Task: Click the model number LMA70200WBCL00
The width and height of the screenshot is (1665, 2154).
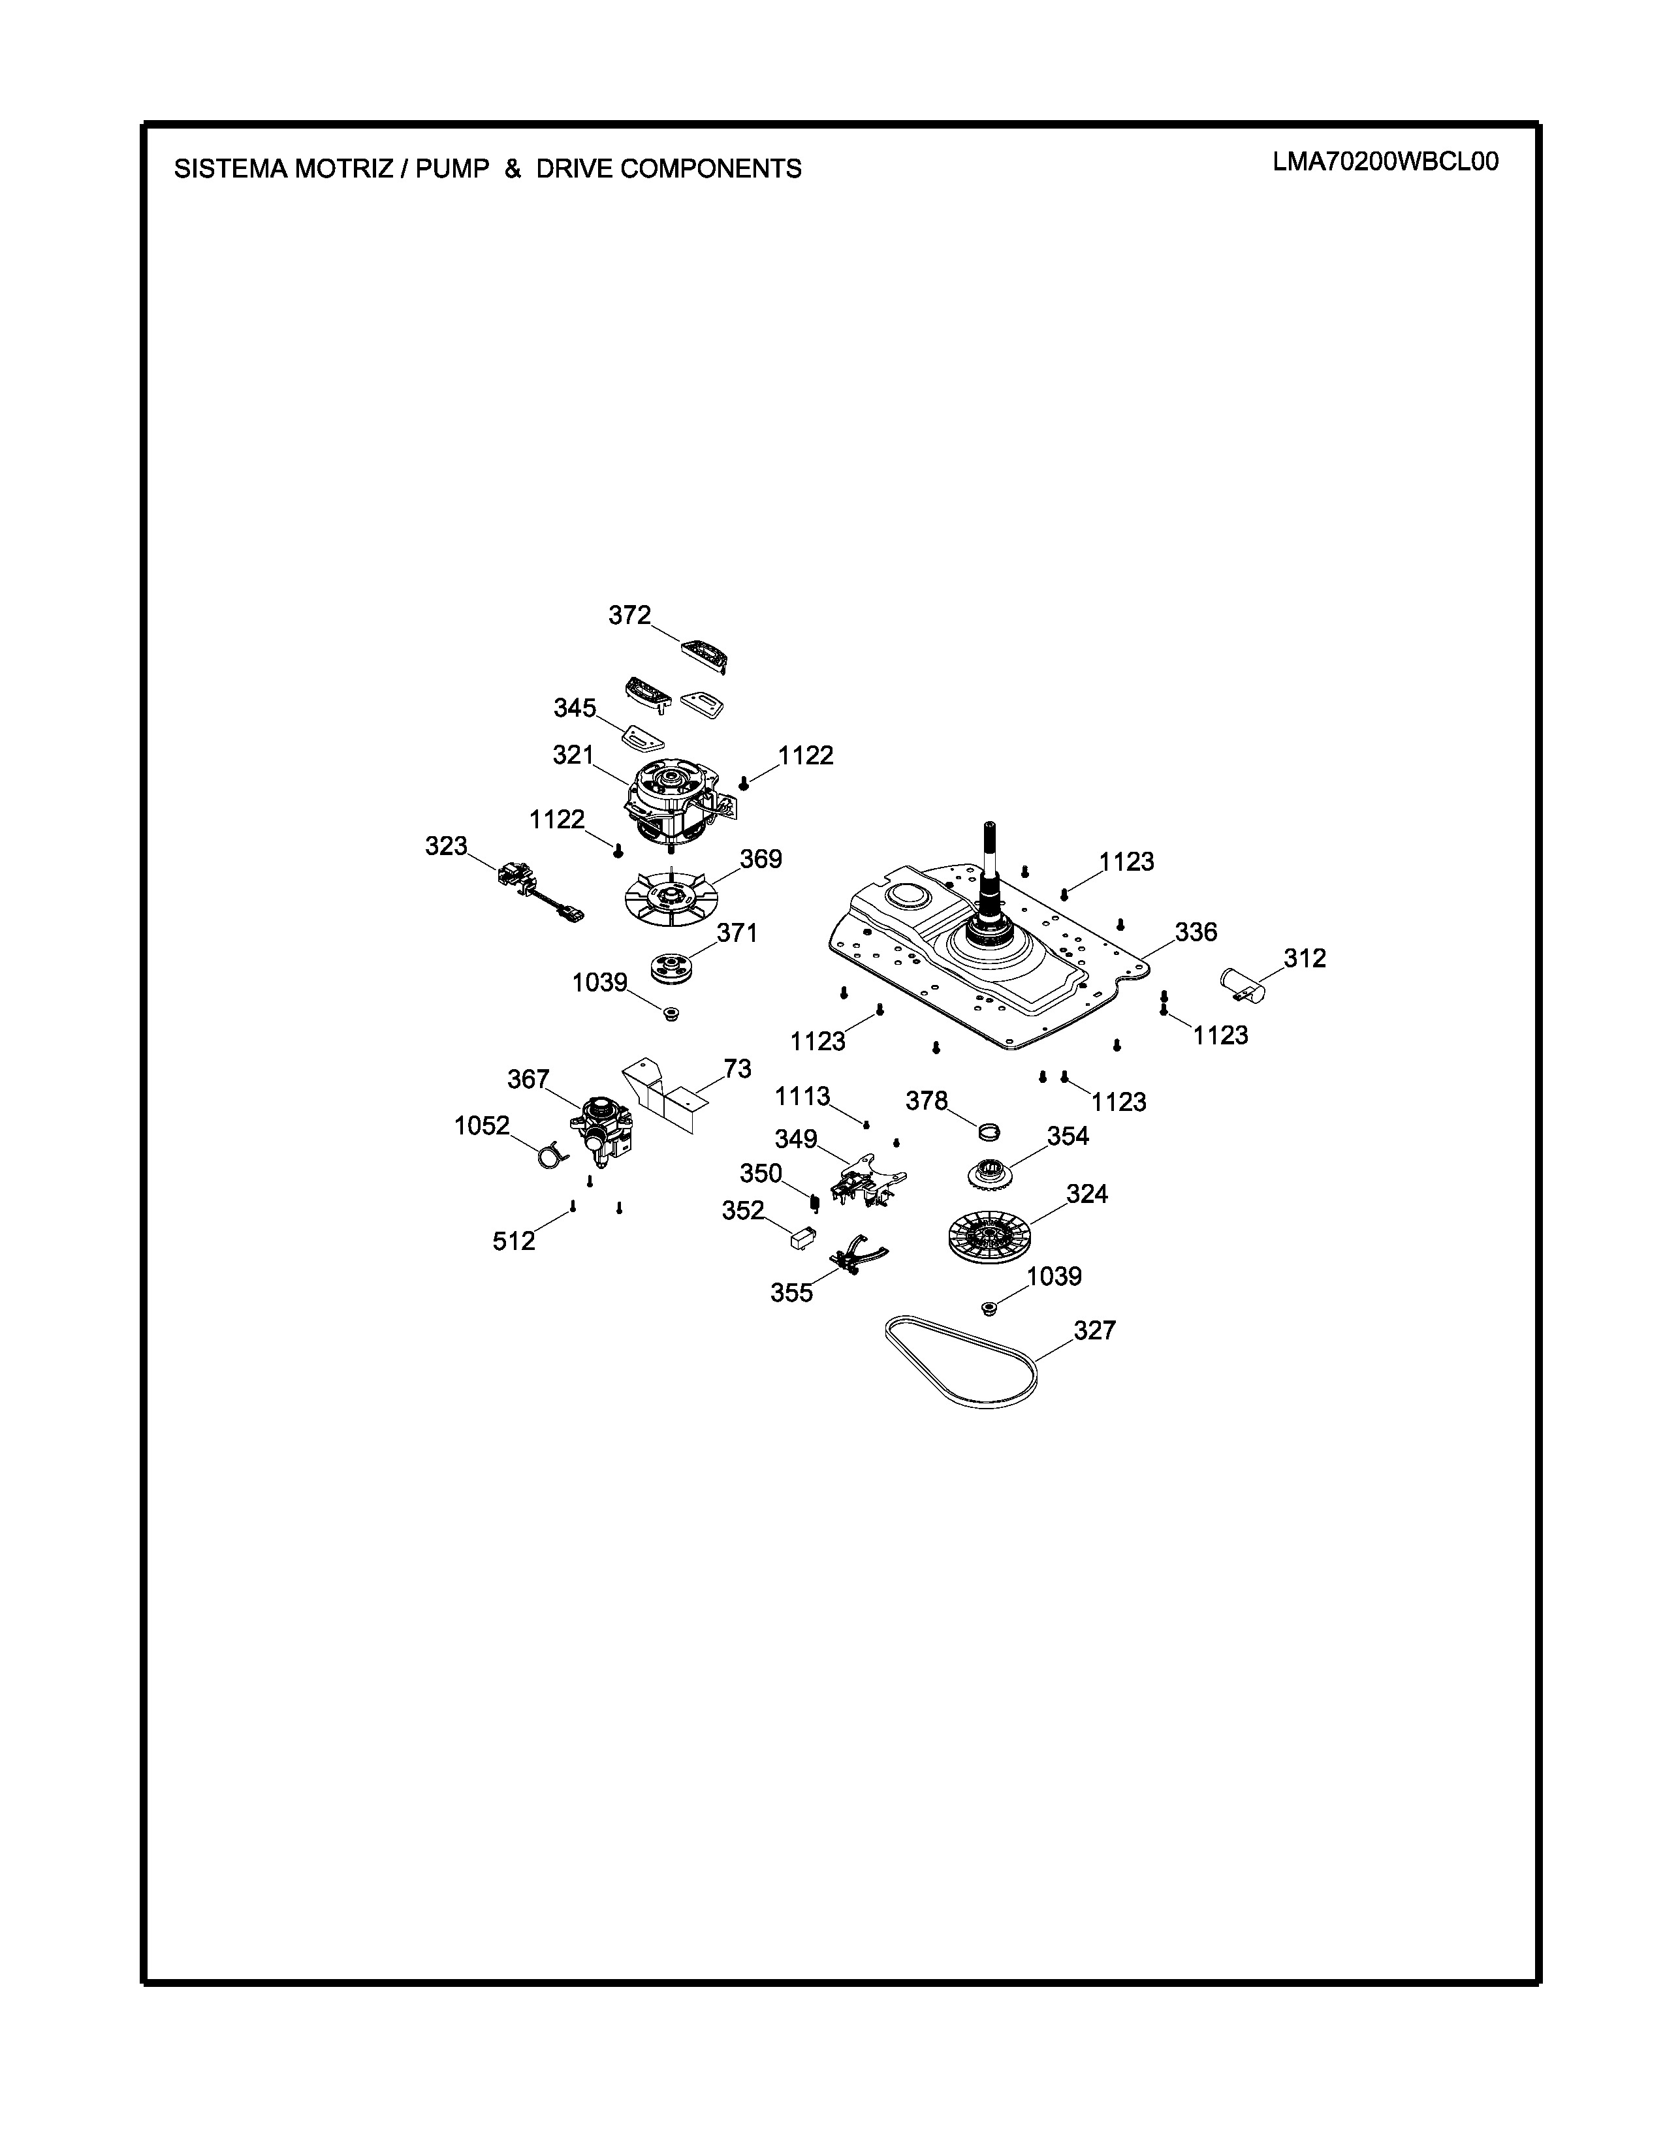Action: click(1385, 162)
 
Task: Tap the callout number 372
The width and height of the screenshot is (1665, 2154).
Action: click(629, 616)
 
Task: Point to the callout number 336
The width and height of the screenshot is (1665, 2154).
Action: click(1196, 932)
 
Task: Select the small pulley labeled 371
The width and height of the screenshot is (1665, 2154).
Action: click(676, 967)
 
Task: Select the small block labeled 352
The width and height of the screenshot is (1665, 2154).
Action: click(803, 1237)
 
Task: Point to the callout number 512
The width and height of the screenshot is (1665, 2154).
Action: click(514, 1241)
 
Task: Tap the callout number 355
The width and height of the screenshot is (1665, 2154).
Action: click(792, 1292)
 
